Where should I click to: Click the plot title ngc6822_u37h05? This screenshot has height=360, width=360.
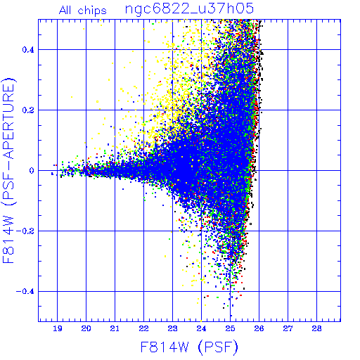[x=189, y=9]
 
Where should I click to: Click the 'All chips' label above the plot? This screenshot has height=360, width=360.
[x=83, y=11]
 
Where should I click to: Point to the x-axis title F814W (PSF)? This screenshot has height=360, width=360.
[x=189, y=347]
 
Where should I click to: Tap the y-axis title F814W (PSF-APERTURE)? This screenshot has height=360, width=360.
[x=8, y=170]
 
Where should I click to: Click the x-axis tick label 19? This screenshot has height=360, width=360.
[x=58, y=328]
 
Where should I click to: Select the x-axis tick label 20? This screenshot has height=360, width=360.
[x=86, y=328]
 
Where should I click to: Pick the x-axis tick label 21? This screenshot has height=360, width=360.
[x=115, y=328]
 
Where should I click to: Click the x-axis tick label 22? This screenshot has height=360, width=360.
[x=143, y=328]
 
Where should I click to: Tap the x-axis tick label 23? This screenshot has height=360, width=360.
[x=172, y=328]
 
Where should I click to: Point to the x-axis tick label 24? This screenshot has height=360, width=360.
[x=201, y=328]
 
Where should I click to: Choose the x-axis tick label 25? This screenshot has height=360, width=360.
[x=230, y=328]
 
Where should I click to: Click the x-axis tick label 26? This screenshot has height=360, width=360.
[x=259, y=328]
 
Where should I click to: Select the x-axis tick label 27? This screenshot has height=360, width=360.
[x=288, y=328]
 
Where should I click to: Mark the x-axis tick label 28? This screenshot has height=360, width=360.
[x=316, y=328]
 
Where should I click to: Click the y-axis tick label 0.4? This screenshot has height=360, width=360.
[x=28, y=50]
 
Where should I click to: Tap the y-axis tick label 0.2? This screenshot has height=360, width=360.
[x=28, y=110]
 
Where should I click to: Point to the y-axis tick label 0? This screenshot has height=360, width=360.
[x=32, y=171]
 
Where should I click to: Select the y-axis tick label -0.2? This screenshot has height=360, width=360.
[x=25, y=231]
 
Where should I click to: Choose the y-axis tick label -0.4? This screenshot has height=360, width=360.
[x=25, y=292]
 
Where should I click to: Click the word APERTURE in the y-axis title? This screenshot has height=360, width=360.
[x=8, y=122]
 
